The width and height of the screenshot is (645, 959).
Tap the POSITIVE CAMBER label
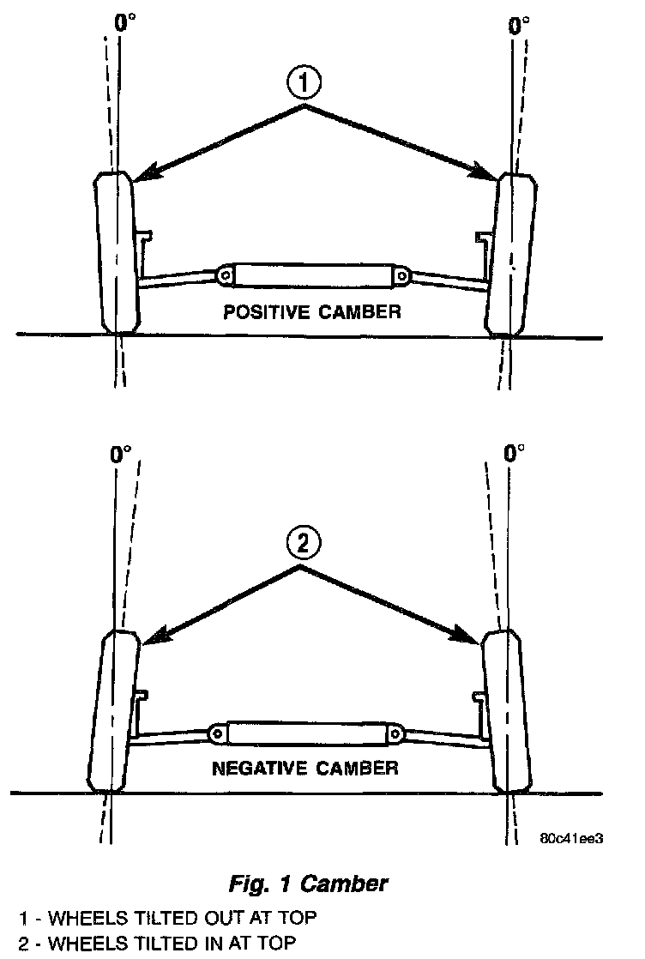(311, 311)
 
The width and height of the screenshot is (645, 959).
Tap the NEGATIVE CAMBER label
(305, 767)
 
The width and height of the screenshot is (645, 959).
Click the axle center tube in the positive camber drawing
(311, 275)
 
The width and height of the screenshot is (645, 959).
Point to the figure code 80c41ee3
(572, 839)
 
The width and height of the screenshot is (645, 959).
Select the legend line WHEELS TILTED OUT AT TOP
(168, 918)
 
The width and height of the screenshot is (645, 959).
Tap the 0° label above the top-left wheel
(125, 23)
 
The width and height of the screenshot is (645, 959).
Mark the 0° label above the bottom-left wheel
(121, 455)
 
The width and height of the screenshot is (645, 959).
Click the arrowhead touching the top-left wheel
(142, 175)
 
